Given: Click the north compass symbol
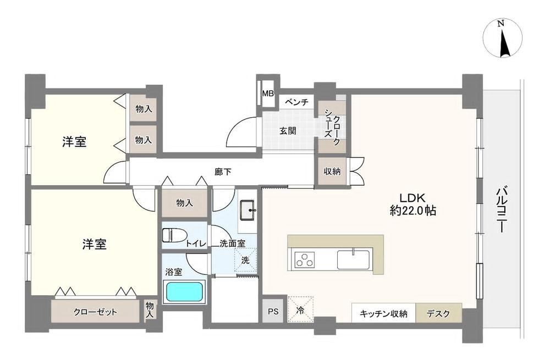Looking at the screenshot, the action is (x=502, y=38).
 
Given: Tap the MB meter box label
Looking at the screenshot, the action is (x=268, y=93).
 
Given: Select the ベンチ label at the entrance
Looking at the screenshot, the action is (x=296, y=102).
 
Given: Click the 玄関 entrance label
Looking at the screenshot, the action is (x=288, y=131).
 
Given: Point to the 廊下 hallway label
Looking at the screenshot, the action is (x=223, y=172).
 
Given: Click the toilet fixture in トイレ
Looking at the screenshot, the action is (x=174, y=235).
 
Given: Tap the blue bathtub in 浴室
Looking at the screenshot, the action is (x=185, y=292).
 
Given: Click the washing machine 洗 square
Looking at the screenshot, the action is (x=245, y=260).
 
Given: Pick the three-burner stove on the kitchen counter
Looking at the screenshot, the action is (x=305, y=259).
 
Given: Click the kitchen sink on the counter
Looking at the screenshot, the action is (x=353, y=259).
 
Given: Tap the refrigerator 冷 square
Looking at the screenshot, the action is (x=300, y=309).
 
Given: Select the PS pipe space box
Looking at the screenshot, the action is (x=273, y=311).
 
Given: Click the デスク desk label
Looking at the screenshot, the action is (x=438, y=314).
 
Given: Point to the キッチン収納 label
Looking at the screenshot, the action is (x=383, y=314).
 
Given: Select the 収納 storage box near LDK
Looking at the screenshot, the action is (x=332, y=171).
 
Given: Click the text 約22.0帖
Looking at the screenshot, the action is (x=413, y=211).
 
